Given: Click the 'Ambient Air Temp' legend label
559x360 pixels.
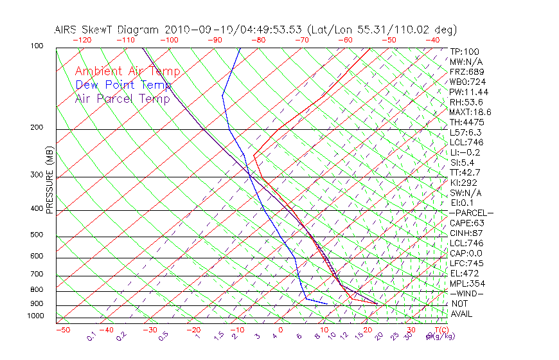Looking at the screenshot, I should click(128, 71).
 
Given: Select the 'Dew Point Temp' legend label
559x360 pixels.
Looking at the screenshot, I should click(123, 85).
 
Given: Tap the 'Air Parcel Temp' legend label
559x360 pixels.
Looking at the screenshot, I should click(123, 98).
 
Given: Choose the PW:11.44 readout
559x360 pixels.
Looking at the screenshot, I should click(468, 92).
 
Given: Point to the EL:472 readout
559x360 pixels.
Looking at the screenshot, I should click(464, 273).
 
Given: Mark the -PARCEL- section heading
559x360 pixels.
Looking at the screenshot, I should click(472, 213).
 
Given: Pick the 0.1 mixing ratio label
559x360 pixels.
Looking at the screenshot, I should click(91, 337).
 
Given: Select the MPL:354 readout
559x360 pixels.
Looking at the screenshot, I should click(466, 283).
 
